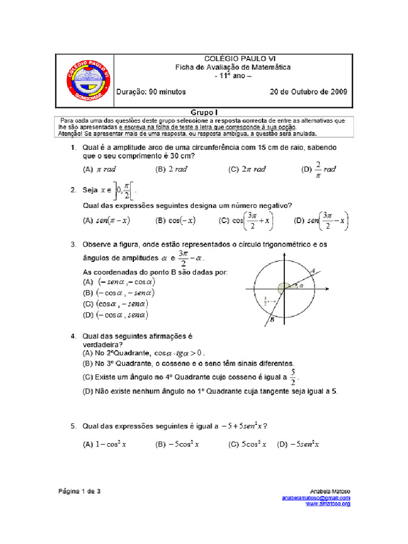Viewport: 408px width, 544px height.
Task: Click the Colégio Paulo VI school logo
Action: click(87, 81)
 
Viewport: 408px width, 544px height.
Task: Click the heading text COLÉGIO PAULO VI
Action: click(233, 58)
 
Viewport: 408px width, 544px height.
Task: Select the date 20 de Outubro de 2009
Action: click(308, 91)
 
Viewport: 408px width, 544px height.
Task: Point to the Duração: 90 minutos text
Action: click(151, 91)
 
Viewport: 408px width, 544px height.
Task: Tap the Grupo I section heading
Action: click(204, 113)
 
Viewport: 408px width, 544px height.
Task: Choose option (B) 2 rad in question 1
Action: click(171, 169)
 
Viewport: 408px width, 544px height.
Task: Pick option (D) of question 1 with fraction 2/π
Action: click(319, 169)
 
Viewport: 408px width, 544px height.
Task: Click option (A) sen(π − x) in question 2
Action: click(106, 220)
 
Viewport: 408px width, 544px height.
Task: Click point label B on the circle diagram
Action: click(271, 320)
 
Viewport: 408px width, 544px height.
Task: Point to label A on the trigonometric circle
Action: click(313, 271)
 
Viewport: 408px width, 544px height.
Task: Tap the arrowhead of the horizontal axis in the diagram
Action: click(329, 289)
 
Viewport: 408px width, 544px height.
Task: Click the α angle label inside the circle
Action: click(301, 285)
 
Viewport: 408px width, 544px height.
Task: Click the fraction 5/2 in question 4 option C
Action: click(293, 377)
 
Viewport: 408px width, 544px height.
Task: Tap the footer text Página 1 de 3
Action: click(80, 491)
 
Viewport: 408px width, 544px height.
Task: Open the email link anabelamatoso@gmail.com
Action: click(316, 498)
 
